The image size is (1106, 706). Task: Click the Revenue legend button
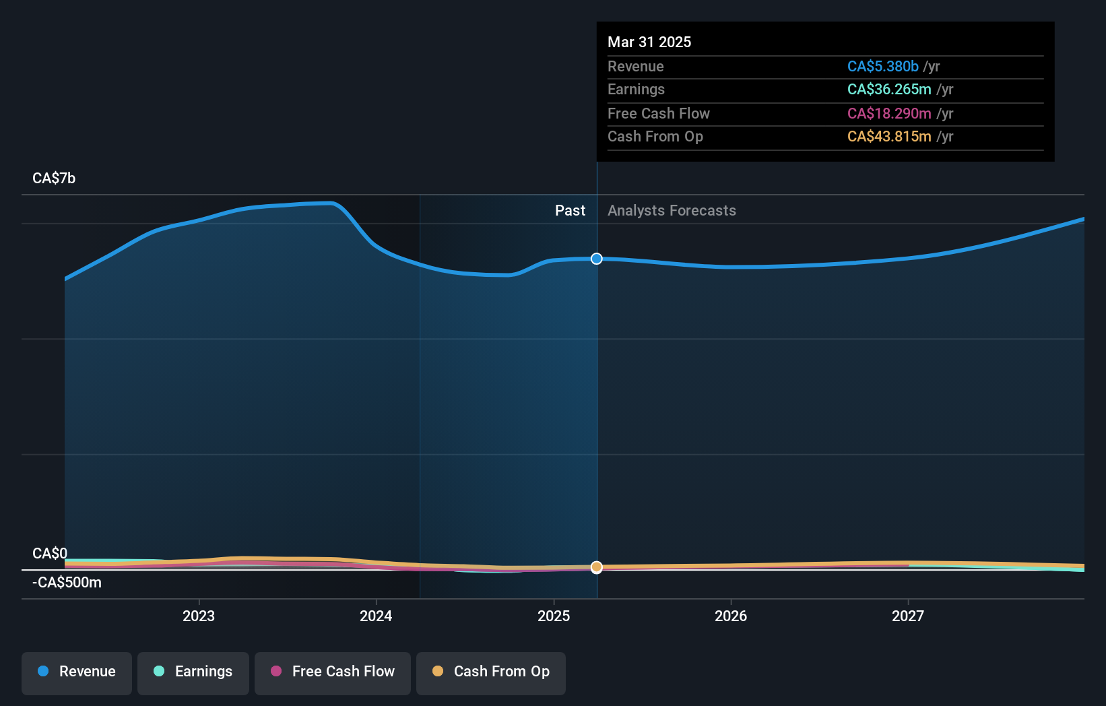77,672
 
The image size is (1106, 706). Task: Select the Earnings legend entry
193,672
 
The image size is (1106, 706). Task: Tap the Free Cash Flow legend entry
333,672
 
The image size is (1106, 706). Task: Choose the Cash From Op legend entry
491,672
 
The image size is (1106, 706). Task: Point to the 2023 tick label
199,616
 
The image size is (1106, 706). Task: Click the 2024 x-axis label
376,616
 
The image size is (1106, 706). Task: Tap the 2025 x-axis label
554,616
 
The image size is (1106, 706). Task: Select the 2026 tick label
731,616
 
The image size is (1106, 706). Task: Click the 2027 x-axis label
908,616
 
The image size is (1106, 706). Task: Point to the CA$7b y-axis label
54,179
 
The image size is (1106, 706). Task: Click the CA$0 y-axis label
50,554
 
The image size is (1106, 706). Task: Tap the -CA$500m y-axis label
67,583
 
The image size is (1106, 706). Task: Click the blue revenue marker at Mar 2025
597,259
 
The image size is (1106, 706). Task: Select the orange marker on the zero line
597,567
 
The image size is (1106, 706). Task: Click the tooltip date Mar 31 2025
649,42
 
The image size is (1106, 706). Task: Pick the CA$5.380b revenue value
882,67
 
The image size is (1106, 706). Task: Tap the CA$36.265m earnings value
889,90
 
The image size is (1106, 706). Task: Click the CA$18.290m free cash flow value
889,114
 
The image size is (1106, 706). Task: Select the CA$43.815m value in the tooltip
889,137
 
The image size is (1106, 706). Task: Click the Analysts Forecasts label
672,211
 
